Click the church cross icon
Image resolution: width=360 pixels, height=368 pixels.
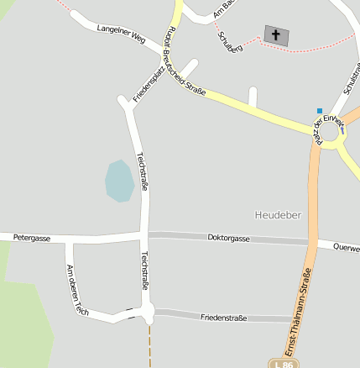click(275, 35)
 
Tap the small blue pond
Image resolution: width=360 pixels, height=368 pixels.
click(119, 181)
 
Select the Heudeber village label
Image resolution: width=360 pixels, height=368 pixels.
click(278, 215)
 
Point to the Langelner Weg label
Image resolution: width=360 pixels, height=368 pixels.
click(122, 33)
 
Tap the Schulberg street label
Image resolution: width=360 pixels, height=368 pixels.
click(230, 43)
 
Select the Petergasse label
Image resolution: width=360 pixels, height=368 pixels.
click(32, 239)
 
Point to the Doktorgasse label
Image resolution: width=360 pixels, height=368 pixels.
click(228, 239)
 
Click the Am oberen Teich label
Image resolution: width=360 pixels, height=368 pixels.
click(77, 288)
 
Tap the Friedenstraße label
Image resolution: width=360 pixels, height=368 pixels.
click(223, 318)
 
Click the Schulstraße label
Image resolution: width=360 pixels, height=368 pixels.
click(351, 76)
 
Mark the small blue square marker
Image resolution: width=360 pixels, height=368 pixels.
click(319, 110)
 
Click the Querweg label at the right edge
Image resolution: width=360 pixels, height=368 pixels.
click(347, 248)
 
